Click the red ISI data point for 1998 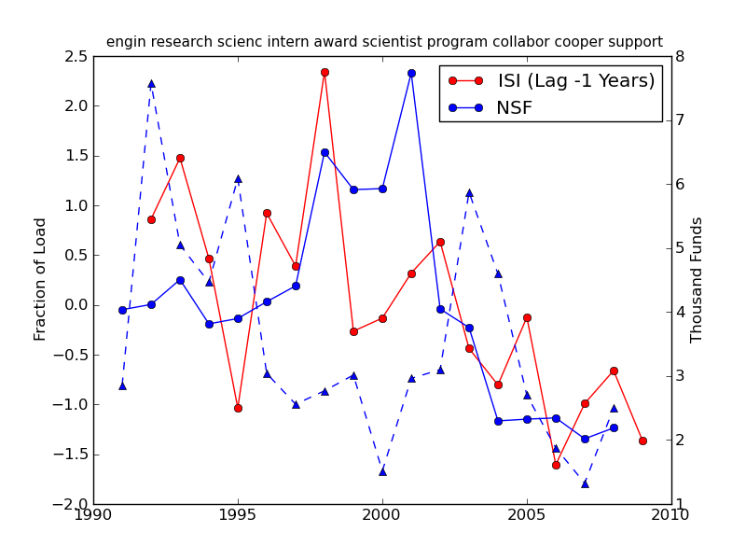(x=325, y=72)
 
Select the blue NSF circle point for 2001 (x=411, y=73)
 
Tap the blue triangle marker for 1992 (x=151, y=83)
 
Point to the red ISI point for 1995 (x=238, y=408)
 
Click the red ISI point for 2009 (x=642, y=441)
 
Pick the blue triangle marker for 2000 (x=382, y=471)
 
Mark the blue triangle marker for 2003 (x=469, y=192)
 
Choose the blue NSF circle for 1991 (x=122, y=310)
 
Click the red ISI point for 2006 (x=556, y=465)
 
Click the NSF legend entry (x=514, y=107)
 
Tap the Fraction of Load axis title (x=41, y=279)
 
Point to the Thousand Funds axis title (x=697, y=279)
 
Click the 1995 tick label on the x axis (x=238, y=514)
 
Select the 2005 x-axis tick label (x=527, y=514)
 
